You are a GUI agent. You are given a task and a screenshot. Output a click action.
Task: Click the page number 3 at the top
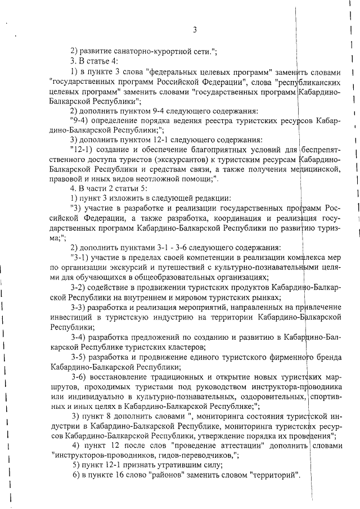click(x=193, y=30)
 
